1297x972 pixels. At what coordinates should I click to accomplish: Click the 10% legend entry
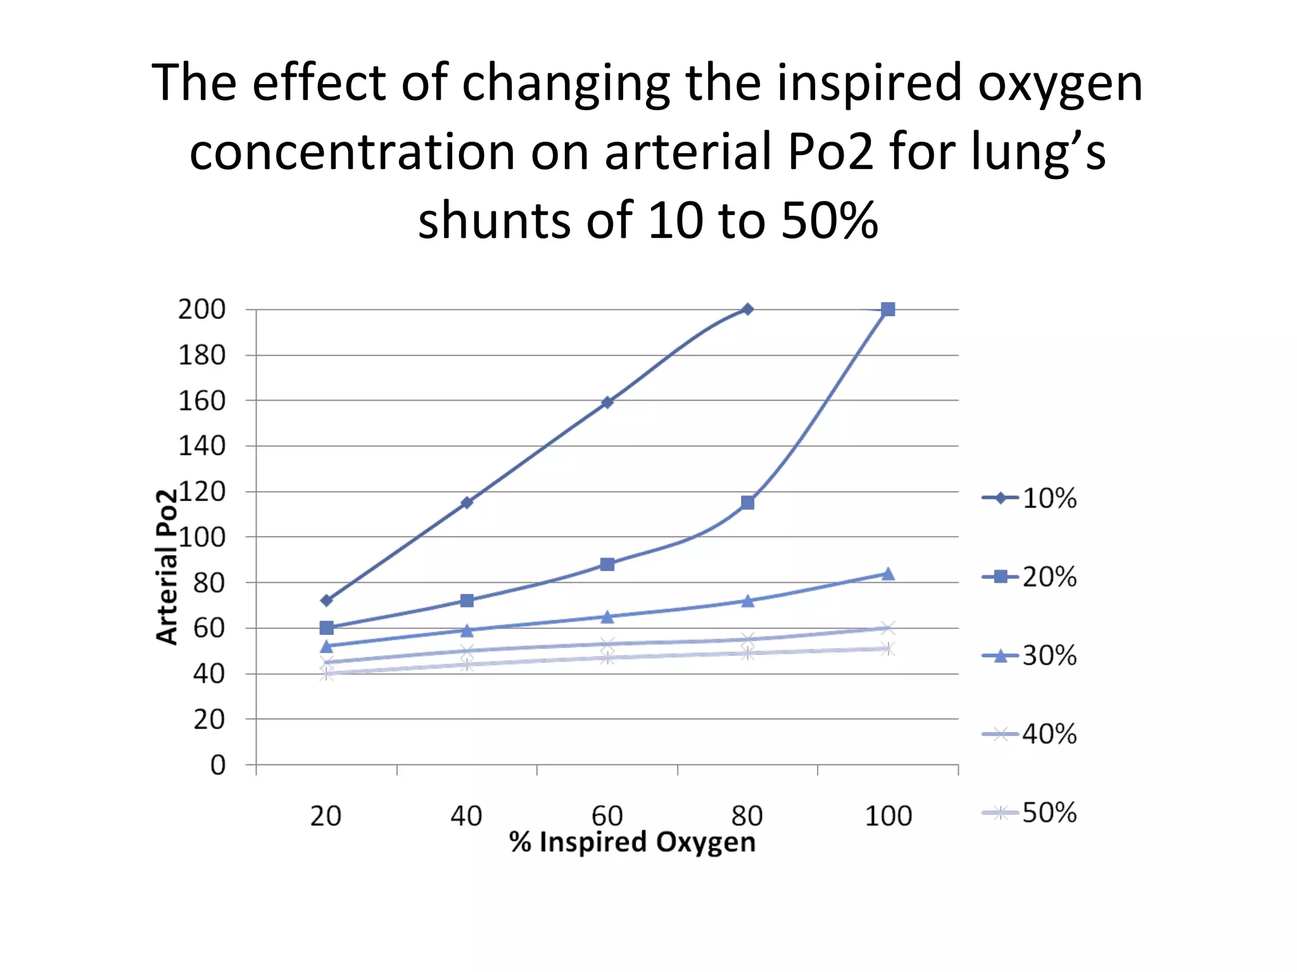pyautogui.click(x=1029, y=498)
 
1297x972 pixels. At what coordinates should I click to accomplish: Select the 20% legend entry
pyautogui.click(x=1029, y=576)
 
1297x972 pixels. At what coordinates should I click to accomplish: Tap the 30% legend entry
pyautogui.click(x=1029, y=656)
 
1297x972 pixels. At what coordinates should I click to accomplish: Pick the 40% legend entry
pyautogui.click(x=1029, y=734)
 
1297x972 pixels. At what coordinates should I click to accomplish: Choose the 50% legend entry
pyautogui.click(x=1029, y=813)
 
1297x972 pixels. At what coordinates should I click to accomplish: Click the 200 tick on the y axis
pyautogui.click(x=201, y=309)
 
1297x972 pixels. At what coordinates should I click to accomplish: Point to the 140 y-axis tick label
pyautogui.click(x=201, y=446)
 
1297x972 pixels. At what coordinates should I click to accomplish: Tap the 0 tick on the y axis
pyautogui.click(x=217, y=765)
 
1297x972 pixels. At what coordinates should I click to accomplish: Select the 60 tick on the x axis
pyautogui.click(x=607, y=816)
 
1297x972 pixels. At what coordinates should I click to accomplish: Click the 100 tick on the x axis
pyautogui.click(x=888, y=816)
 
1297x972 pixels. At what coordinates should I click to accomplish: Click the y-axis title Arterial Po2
pyautogui.click(x=167, y=566)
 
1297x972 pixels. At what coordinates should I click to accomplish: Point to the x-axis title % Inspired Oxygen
pyautogui.click(x=632, y=842)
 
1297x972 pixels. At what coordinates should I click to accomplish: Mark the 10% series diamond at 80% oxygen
pyautogui.click(x=747, y=309)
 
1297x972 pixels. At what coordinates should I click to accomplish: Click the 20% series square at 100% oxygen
pyautogui.click(x=888, y=309)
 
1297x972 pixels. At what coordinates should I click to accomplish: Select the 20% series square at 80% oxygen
pyautogui.click(x=747, y=502)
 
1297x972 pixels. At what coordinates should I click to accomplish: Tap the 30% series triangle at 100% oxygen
pyautogui.click(x=888, y=574)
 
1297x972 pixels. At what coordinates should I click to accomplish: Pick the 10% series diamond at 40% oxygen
pyautogui.click(x=467, y=502)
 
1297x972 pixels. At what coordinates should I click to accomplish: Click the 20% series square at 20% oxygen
pyautogui.click(x=326, y=628)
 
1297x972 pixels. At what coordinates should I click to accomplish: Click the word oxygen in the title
pyautogui.click(x=1060, y=84)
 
